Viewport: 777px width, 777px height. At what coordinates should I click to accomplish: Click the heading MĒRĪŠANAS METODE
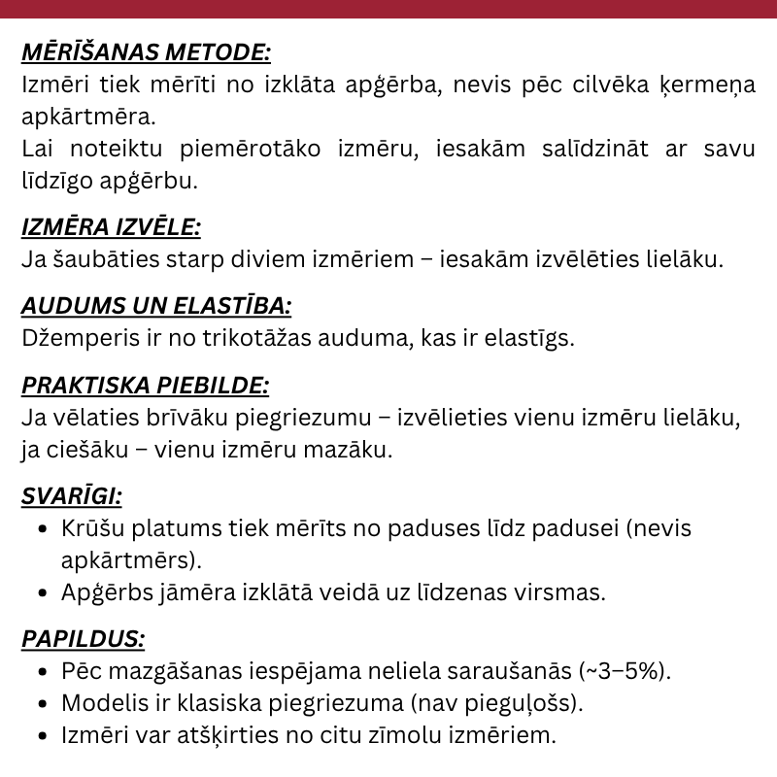click(146, 51)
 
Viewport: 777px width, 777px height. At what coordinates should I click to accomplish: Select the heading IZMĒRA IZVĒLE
click(111, 227)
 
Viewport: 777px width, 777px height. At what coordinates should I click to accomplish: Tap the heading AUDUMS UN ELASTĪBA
click(156, 306)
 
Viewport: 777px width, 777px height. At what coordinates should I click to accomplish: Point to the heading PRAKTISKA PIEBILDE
click(145, 385)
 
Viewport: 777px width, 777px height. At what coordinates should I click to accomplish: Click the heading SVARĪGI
click(72, 496)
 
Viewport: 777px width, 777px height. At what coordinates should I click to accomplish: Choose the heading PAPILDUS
click(84, 638)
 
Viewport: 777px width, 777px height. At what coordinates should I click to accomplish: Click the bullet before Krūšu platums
click(42, 529)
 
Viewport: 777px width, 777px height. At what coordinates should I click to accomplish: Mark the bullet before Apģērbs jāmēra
click(42, 592)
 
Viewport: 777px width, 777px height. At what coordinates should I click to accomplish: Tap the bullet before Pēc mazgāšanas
click(42, 671)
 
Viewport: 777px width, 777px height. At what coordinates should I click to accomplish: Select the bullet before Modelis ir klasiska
click(42, 703)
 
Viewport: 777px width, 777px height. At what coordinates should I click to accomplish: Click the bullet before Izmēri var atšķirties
click(42, 735)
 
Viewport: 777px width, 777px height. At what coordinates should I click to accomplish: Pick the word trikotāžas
click(247, 338)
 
